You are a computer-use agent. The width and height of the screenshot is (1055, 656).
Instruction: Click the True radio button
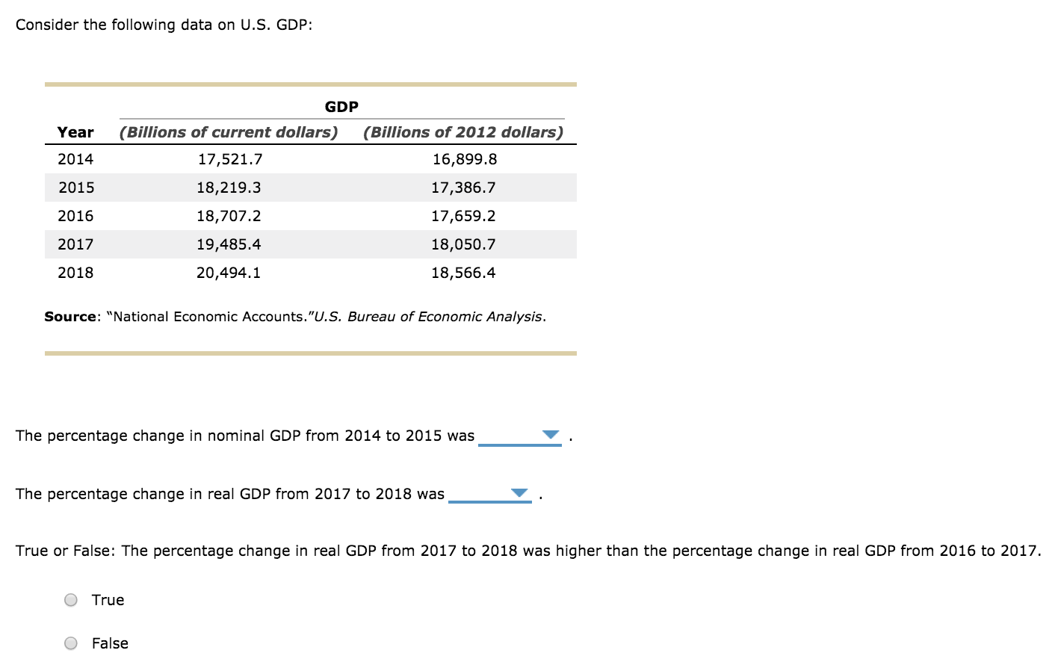coord(71,600)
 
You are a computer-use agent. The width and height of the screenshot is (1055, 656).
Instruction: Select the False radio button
coord(71,643)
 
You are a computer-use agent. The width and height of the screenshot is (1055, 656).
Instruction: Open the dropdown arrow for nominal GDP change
coord(551,435)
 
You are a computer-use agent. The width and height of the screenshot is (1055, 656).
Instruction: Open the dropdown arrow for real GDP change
coord(519,493)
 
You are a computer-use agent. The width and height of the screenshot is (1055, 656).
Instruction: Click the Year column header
coord(75,132)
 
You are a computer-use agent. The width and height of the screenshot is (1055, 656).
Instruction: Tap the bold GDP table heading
coord(341,107)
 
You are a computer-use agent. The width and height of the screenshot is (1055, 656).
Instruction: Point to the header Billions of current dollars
coord(229,132)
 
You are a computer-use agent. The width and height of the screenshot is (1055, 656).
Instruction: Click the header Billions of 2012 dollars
coord(463,132)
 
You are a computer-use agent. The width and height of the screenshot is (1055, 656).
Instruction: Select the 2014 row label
coord(75,159)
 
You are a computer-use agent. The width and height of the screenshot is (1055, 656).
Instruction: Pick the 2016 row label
coord(75,216)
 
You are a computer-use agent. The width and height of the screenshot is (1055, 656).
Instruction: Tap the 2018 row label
coord(75,273)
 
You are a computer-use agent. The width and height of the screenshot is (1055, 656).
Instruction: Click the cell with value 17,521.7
coord(229,159)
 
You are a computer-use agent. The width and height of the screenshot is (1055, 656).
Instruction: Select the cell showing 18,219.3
coord(229,188)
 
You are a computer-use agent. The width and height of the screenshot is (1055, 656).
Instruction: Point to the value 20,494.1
coord(229,273)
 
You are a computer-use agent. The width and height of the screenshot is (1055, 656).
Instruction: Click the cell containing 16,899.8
coord(464,159)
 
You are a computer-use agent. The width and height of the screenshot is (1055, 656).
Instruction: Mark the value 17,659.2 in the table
coord(463,216)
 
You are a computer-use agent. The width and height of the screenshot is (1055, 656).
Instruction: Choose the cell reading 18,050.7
coord(463,244)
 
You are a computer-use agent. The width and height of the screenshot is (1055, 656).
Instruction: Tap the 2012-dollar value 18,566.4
coord(463,273)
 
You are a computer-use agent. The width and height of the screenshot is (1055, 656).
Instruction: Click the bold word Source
coord(70,317)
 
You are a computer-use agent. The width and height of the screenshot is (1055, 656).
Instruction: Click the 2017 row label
coord(75,244)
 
